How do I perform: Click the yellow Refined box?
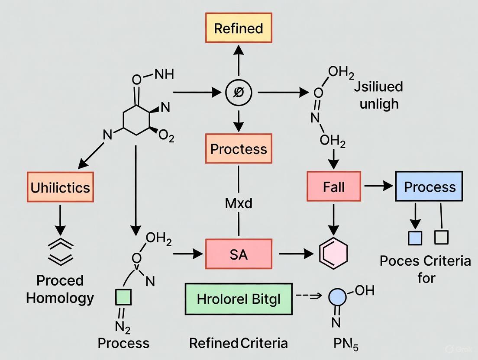239,29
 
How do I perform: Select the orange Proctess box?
239,149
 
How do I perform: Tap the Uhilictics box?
60,187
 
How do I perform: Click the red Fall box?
333,186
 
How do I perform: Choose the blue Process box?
429,186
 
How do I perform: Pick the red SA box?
239,254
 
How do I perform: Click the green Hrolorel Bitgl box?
239,299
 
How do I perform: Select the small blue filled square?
415,238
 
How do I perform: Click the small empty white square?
441,237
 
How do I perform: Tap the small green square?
123,298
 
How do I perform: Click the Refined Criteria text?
238,343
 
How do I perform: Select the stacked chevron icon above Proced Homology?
60,251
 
